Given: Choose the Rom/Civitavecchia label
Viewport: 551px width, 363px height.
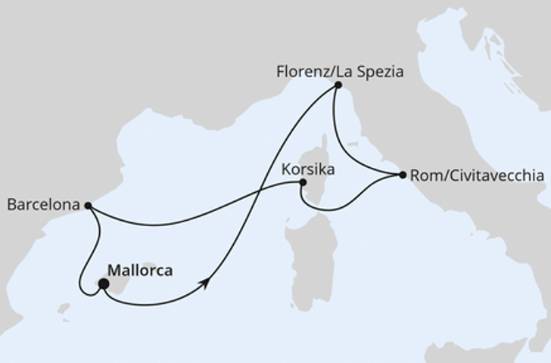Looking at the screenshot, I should click(476, 176).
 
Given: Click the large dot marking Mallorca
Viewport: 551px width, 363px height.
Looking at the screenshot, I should click(103, 284).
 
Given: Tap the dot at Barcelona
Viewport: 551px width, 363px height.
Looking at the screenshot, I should click(88, 205).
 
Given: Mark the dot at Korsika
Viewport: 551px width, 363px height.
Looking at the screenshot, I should click(303, 182).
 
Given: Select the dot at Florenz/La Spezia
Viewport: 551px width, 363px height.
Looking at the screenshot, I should click(338, 85).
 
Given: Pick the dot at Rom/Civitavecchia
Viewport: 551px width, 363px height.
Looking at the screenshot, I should click(402, 175).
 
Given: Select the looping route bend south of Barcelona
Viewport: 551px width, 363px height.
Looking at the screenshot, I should click(82, 287).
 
